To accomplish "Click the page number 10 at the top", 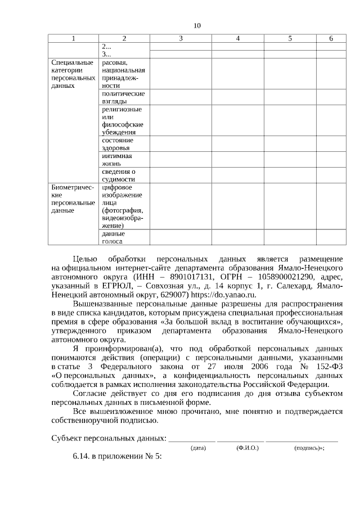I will pos(196,26).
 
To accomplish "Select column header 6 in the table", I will pos(331,38).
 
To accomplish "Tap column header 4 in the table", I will pos(238,38).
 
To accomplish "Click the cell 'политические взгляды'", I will pos(123,97).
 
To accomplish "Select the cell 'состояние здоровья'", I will pos(118,143).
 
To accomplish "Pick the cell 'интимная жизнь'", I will pos(116,159).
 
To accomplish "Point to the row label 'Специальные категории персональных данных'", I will pos(73,75).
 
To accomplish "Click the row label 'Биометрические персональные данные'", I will pos(73,198).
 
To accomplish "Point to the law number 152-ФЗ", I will pos(326,366).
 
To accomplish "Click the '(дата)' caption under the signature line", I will pos(198,448).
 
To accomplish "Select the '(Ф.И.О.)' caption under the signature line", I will pos(247,448).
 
